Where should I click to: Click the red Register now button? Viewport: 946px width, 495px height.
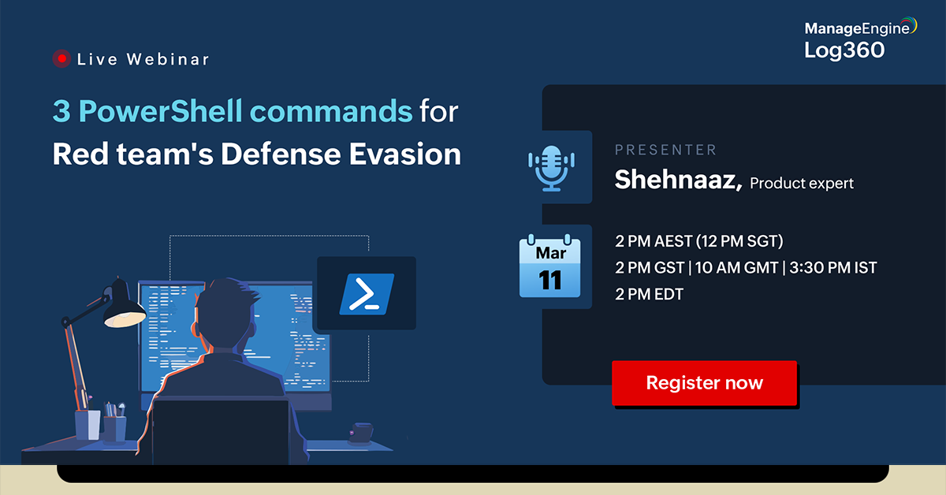click(x=705, y=383)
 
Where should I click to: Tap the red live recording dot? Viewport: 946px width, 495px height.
click(x=61, y=58)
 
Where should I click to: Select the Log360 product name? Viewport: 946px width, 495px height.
click(x=844, y=50)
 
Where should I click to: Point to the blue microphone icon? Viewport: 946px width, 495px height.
click(x=551, y=168)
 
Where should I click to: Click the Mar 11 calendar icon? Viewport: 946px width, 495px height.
click(x=550, y=266)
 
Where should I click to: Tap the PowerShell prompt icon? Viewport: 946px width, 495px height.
click(x=367, y=294)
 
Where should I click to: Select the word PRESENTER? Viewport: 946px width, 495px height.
click(x=665, y=150)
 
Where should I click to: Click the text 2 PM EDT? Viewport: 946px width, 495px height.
click(x=649, y=294)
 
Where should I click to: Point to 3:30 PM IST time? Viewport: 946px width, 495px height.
click(x=833, y=268)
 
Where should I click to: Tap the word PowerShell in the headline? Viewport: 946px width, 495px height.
click(x=161, y=111)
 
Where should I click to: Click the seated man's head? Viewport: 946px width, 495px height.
click(x=225, y=314)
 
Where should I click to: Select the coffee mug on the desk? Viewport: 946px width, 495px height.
click(x=361, y=433)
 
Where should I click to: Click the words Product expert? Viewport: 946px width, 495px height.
click(x=802, y=184)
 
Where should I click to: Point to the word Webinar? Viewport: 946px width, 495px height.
click(x=168, y=59)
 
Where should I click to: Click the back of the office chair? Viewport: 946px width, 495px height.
click(x=221, y=431)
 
